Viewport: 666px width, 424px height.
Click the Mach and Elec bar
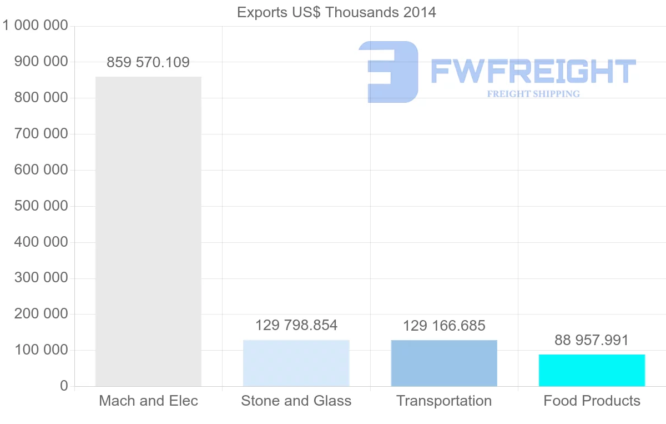click(148, 231)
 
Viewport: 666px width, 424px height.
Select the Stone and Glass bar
click(296, 363)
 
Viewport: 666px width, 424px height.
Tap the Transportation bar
click(444, 363)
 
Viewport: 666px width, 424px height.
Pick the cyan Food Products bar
click(592, 370)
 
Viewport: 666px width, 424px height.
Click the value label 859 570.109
click(148, 62)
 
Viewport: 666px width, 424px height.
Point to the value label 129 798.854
click(296, 325)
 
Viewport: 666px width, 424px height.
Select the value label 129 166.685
click(444, 326)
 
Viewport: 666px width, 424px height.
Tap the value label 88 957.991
click(592, 340)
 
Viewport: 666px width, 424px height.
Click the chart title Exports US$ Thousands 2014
click(336, 12)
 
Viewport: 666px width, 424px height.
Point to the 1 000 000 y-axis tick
click(35, 26)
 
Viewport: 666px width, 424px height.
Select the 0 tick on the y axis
click(64, 386)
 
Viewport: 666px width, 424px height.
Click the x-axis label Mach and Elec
click(148, 401)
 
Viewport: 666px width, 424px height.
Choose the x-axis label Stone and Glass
click(296, 401)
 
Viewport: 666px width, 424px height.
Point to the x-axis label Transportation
click(444, 401)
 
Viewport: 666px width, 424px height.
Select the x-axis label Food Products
click(592, 401)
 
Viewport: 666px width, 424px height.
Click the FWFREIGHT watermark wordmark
click(533, 71)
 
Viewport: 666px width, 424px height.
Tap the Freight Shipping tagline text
click(533, 94)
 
